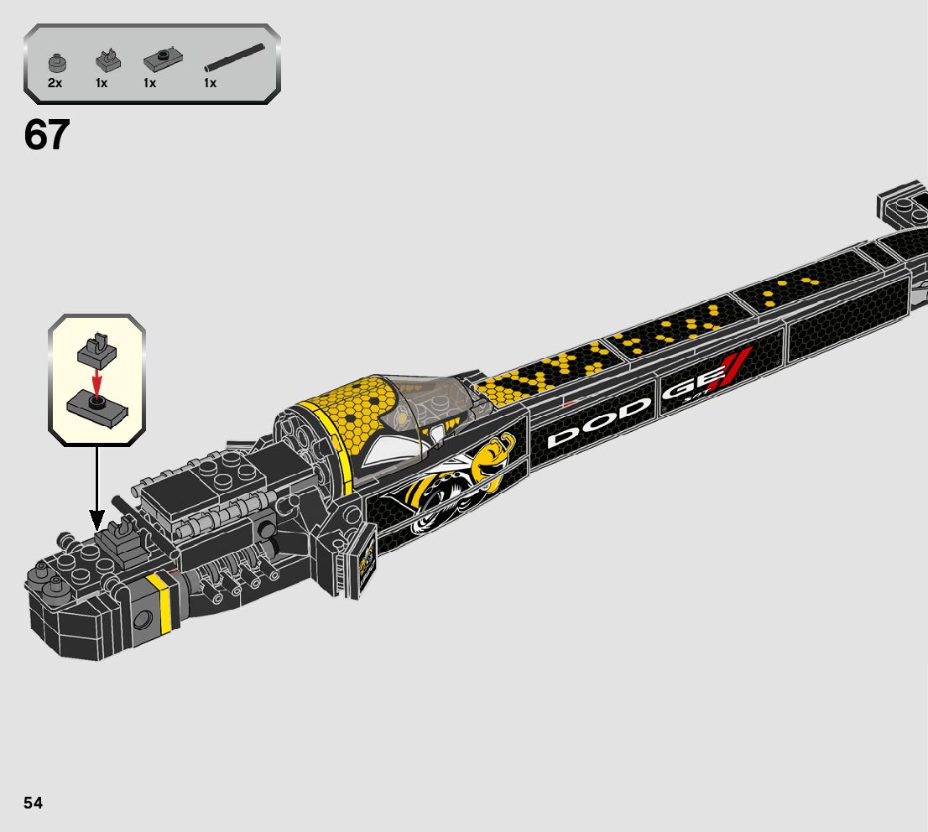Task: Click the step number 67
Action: click(47, 135)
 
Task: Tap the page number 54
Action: click(33, 803)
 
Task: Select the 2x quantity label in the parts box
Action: click(55, 83)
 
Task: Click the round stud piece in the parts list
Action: click(56, 63)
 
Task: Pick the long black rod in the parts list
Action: click(240, 56)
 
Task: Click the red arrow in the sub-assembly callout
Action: click(97, 382)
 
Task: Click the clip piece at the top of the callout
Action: click(96, 351)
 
